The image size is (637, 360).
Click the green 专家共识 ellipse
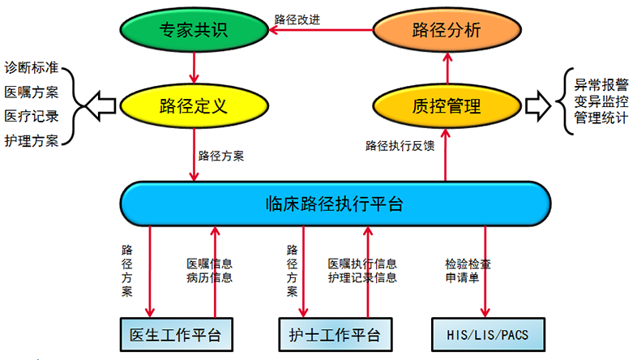coord(194,30)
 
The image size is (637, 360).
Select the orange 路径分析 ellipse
coord(447,30)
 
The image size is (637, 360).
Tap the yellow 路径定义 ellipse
coord(194,106)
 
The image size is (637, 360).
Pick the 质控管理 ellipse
coord(447,106)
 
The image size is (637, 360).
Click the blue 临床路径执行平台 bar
coord(336,204)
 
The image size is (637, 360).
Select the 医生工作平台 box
coord(177,334)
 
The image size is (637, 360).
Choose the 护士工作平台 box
coord(336,334)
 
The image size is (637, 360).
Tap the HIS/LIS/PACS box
coord(488,334)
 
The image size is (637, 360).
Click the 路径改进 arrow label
coord(297,19)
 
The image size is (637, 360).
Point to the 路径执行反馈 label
coord(400,145)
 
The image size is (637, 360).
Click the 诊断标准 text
coord(32,67)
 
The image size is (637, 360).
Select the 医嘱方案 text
coord(32,92)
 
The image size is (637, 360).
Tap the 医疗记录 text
coord(32,116)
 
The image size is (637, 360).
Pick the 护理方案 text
coord(32,141)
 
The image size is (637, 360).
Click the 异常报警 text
coord(601,85)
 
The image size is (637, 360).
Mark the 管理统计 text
coord(601,118)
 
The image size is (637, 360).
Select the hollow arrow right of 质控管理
coord(538,106)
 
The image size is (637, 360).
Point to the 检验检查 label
coord(468,264)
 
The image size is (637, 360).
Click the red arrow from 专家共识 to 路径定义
coord(194,68)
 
